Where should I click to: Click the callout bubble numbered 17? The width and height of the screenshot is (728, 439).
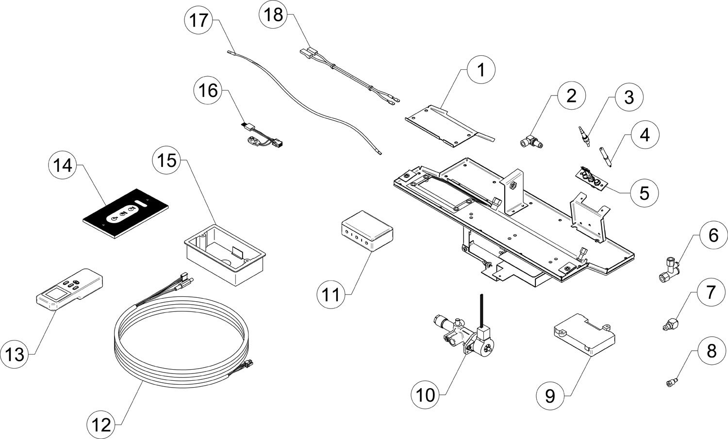click(x=199, y=20)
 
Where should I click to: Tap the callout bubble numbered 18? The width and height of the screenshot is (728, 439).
click(x=273, y=14)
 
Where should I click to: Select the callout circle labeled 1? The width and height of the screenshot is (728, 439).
click(x=481, y=70)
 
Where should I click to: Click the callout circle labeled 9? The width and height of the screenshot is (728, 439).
click(x=550, y=395)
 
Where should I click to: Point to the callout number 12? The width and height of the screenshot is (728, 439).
click(x=101, y=425)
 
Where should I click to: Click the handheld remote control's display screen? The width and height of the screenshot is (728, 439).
click(x=52, y=294)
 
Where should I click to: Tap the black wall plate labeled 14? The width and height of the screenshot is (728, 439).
click(x=126, y=213)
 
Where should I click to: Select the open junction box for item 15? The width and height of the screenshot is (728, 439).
click(x=225, y=255)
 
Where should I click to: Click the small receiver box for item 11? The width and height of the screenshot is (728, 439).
click(x=367, y=230)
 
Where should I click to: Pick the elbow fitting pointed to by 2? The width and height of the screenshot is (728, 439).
click(x=531, y=143)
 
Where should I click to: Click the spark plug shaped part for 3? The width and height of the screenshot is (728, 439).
click(x=584, y=136)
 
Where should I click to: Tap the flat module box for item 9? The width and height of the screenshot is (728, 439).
click(x=584, y=335)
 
